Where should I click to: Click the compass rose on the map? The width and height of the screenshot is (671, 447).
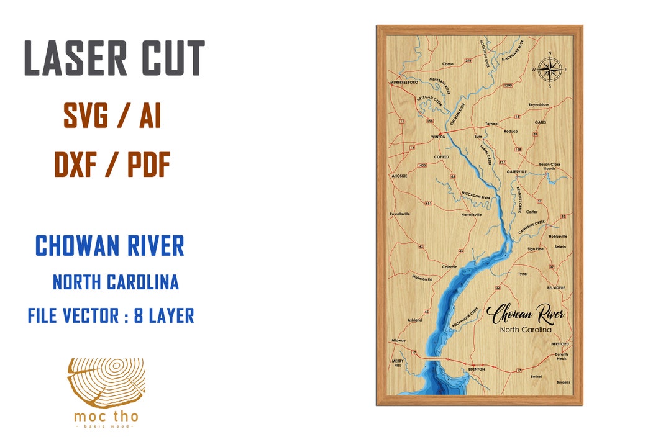click(549, 70)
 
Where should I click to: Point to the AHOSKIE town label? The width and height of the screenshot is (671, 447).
click(399, 176)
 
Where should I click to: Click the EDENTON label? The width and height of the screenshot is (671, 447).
click(476, 369)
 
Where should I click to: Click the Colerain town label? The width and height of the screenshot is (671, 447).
click(450, 266)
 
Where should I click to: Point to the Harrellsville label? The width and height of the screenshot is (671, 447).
click(472, 214)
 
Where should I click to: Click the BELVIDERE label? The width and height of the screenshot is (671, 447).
click(556, 288)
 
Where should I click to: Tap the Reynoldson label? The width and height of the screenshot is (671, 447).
click(539, 105)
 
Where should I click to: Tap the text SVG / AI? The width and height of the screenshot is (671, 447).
click(112, 116)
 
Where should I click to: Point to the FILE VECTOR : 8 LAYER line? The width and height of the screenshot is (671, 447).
click(111, 316)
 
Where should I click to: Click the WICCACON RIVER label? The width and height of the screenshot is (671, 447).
click(476, 195)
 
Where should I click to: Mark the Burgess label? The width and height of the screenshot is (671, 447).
click(563, 382)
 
